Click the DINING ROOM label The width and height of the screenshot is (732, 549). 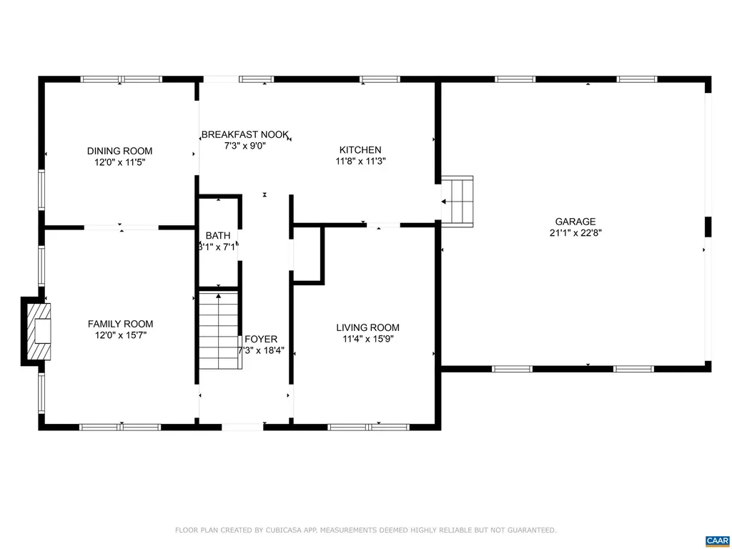point(119,151)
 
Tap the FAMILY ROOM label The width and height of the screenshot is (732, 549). point(120,324)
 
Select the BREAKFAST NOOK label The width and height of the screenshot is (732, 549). point(244,134)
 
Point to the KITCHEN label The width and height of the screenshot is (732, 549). point(360,150)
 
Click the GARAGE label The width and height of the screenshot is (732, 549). point(575,222)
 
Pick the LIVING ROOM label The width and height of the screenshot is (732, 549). point(367,327)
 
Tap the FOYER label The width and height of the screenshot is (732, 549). point(261,339)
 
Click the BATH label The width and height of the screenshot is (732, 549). point(217,236)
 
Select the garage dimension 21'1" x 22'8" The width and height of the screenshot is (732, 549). point(575,233)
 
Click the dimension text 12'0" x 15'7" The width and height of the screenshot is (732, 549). point(120,335)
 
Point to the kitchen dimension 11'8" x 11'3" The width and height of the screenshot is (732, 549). point(360,162)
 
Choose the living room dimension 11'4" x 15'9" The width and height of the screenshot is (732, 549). point(367,339)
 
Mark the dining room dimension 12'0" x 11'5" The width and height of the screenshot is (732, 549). point(119,162)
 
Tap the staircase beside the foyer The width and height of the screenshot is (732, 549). point(219,330)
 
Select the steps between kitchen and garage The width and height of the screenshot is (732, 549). point(458,201)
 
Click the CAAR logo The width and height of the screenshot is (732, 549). point(716,540)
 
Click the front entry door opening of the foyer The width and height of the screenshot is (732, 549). point(244,427)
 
